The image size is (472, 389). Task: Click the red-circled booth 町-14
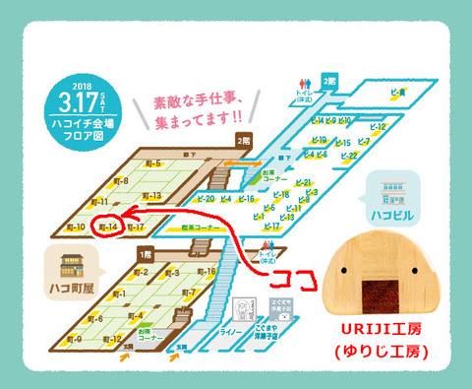click(106, 227)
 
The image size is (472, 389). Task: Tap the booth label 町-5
click(151, 163)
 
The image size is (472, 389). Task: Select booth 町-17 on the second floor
click(136, 227)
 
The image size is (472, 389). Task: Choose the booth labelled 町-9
click(75, 340)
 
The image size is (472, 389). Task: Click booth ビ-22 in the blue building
click(347, 156)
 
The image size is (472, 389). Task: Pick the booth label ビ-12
click(373, 127)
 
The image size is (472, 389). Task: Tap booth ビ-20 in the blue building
click(206, 199)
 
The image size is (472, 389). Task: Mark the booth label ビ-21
click(304, 183)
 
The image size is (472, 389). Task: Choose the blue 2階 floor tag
click(330, 80)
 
